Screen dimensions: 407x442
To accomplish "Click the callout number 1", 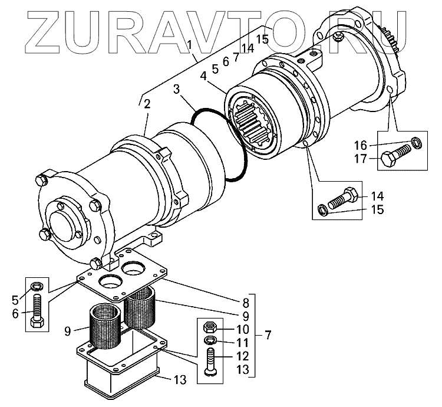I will click(x=189, y=44).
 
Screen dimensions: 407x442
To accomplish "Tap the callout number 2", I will click(x=147, y=104).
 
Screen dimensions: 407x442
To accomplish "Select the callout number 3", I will click(x=176, y=89).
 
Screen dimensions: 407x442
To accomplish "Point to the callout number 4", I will click(x=203, y=76).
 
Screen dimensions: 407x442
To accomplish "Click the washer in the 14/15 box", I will click(x=324, y=210).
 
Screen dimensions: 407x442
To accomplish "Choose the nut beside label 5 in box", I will click(x=37, y=287).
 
